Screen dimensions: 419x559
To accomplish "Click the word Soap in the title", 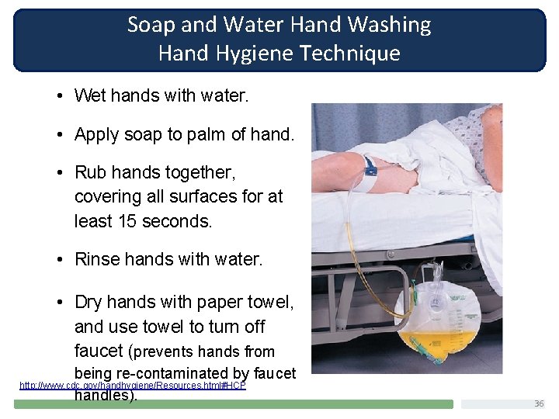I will pos(151,25).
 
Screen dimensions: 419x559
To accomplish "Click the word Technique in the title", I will pos(356,54).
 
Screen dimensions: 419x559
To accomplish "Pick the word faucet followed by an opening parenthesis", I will pos(99,351).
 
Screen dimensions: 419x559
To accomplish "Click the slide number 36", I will pos(539,403).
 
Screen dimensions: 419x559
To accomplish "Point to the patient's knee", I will pos(342,163).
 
